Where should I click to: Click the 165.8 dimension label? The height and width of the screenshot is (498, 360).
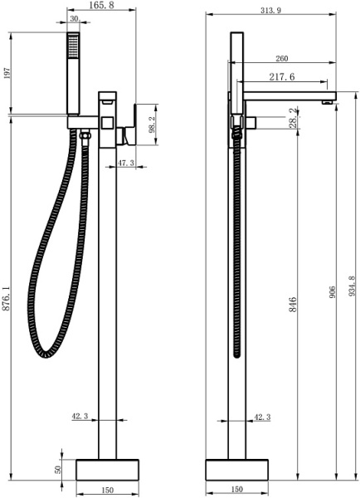[x=101, y=5]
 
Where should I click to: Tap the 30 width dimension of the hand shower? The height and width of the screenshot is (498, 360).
[x=74, y=19]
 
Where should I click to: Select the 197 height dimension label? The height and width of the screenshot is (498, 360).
[x=7, y=73]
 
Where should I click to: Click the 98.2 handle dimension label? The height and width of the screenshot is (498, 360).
[x=152, y=124]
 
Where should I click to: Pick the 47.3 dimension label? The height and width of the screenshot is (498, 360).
[x=126, y=163]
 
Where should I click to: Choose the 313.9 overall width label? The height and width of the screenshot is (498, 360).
[x=270, y=11]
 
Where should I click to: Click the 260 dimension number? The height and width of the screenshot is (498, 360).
[x=281, y=58]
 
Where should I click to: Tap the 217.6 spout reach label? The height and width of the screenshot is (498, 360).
[x=282, y=77]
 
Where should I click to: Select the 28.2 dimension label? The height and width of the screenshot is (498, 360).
[x=294, y=118]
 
